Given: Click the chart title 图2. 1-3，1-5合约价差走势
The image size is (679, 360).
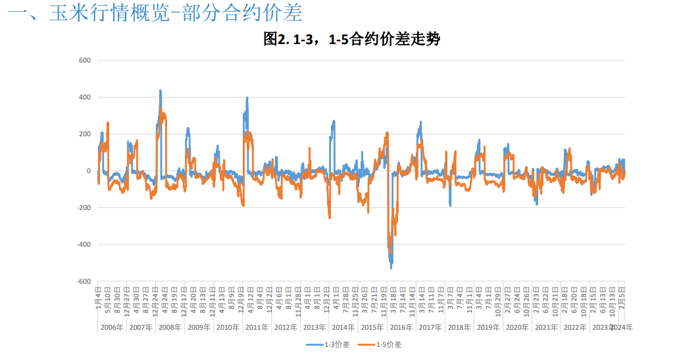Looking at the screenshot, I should click(x=351, y=40).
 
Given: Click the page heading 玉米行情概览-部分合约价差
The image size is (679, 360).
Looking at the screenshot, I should click(x=158, y=14).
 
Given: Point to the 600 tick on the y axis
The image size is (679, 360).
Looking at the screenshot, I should click(x=85, y=61).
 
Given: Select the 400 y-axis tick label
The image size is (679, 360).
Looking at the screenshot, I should click(x=85, y=97).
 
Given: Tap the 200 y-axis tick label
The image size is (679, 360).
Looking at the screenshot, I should click(x=85, y=134).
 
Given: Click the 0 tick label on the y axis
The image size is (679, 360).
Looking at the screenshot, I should click(x=88, y=171).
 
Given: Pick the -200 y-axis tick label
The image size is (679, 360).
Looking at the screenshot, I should click(x=84, y=208).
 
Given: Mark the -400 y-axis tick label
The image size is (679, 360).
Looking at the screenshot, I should click(x=84, y=245).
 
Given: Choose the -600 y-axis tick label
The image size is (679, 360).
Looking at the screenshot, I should click(x=84, y=282).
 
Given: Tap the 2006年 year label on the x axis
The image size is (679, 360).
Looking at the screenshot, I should click(x=111, y=327).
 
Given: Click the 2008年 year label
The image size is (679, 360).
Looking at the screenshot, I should click(x=170, y=327).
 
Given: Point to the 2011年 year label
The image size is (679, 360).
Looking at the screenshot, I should click(x=257, y=327).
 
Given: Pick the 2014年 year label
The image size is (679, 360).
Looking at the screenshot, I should click(x=343, y=327).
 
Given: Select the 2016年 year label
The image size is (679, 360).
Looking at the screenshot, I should click(x=401, y=327).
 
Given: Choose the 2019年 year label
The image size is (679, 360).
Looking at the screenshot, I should click(x=488, y=327).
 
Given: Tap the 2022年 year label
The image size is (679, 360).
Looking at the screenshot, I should click(x=574, y=327).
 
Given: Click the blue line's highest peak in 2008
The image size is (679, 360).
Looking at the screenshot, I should click(x=161, y=91).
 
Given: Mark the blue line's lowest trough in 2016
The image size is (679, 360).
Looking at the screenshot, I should click(x=391, y=268).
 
